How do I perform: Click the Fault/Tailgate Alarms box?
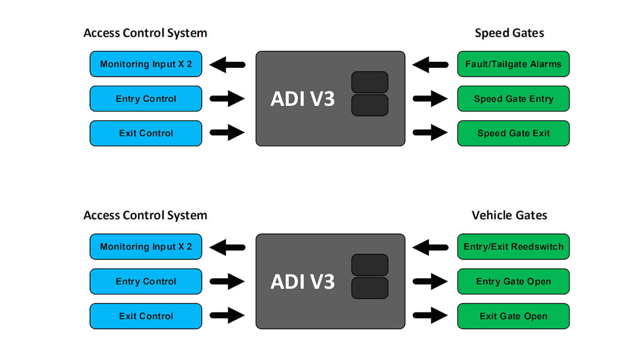[513, 64]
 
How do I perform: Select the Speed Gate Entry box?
[513, 99]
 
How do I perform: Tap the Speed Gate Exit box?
[513, 133]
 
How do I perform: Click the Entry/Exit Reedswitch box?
[513, 246]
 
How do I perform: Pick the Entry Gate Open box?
[513, 281]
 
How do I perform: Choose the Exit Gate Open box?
[513, 316]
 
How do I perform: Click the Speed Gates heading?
[509, 33]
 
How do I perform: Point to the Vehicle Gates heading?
[509, 215]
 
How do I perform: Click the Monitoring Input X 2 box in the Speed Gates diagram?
[146, 64]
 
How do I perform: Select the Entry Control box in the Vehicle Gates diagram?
[146, 281]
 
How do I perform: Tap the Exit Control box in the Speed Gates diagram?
[146, 133]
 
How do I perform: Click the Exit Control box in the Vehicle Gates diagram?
[146, 316]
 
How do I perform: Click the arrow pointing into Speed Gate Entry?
[430, 99]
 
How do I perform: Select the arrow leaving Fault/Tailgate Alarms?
[430, 65]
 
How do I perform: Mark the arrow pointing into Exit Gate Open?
[430, 316]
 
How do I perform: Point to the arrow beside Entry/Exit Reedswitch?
[430, 247]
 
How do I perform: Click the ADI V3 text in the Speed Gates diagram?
[302, 99]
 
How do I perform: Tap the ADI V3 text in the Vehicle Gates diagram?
[302, 281]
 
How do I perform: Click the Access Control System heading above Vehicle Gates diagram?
[145, 215]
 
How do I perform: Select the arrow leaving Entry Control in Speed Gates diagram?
[227, 99]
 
